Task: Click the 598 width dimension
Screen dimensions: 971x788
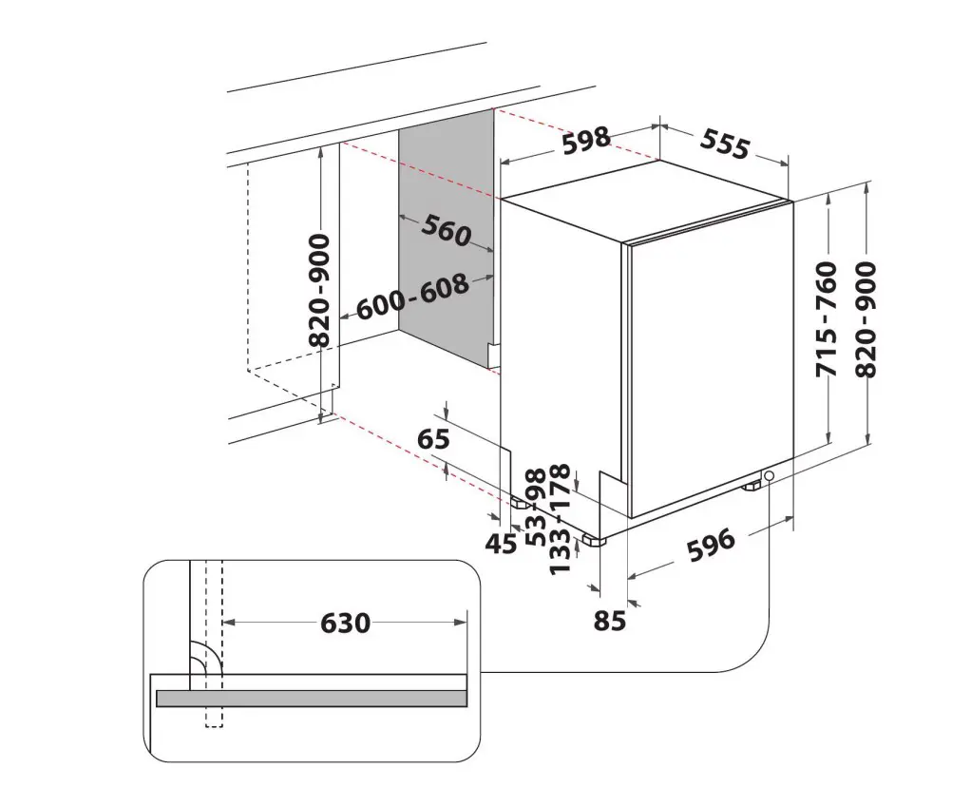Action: point(586,141)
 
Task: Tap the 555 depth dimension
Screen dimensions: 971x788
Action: point(725,145)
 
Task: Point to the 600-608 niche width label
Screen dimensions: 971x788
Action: point(412,297)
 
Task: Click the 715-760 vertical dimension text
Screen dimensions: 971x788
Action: point(828,319)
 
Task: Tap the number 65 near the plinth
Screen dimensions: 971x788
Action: point(433,439)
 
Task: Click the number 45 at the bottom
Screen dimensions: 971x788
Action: point(501,544)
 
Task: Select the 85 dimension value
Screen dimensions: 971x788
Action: point(610,620)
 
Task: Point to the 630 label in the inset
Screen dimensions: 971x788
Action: point(346,623)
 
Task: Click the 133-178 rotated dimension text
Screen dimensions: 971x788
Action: point(560,520)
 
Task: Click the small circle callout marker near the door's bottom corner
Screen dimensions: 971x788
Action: point(770,476)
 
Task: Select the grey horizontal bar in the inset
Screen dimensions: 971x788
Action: point(312,698)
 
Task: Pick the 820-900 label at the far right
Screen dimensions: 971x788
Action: point(866,319)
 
